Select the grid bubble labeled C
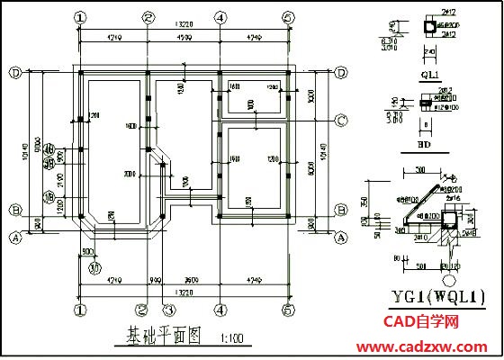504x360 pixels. [x=342, y=120]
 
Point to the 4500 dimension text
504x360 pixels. [x=183, y=38]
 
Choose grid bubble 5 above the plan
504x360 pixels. [x=288, y=17]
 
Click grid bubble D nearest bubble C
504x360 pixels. [x=342, y=72]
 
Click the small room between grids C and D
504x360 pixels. [x=252, y=100]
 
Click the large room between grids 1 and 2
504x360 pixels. [x=112, y=148]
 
